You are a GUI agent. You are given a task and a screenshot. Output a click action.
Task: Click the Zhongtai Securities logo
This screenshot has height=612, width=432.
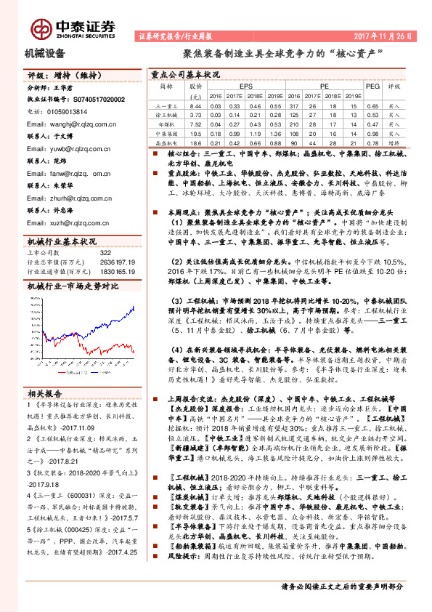point(73,28)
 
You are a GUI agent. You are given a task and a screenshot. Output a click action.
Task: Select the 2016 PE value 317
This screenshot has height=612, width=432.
point(293,106)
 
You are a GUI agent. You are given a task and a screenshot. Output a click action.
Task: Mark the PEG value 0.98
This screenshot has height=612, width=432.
point(372,134)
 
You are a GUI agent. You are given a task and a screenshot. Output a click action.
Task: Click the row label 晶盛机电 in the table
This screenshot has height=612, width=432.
point(167,144)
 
